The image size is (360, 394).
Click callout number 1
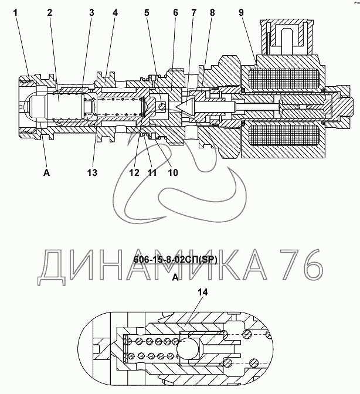(x=16, y=12)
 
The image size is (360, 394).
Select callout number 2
(x=49, y=12)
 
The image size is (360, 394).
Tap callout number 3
(x=91, y=12)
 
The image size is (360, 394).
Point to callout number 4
(x=115, y=12)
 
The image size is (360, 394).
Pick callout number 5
(x=147, y=12)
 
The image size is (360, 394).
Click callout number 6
(x=176, y=12)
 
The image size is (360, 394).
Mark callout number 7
(x=193, y=12)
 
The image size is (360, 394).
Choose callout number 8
(x=212, y=12)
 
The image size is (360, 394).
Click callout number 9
(x=242, y=12)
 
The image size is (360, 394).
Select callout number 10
(x=173, y=172)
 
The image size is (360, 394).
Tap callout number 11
(x=151, y=172)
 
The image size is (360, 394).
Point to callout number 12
(x=134, y=172)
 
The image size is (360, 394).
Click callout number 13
(x=92, y=172)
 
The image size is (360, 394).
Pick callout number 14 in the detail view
(x=203, y=292)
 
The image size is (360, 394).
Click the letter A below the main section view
(x=46, y=172)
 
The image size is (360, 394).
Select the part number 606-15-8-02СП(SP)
(x=175, y=260)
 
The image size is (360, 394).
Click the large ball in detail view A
(x=188, y=348)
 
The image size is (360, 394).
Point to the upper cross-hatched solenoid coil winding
(x=284, y=79)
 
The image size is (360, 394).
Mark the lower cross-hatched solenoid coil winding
(x=284, y=135)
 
